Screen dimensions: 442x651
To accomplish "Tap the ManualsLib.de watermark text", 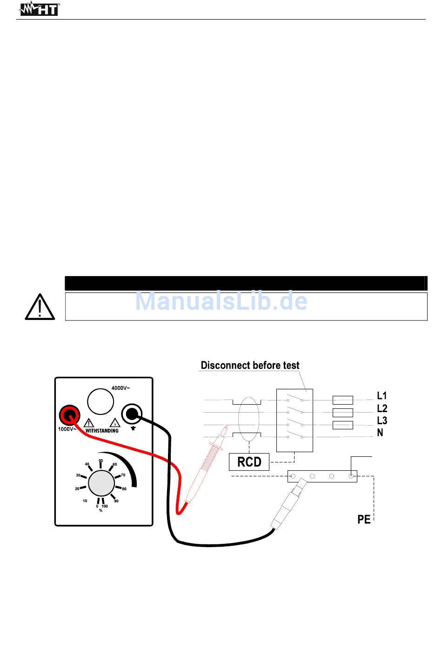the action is [x=221, y=301].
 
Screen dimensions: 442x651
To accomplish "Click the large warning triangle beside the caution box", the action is [x=40, y=307].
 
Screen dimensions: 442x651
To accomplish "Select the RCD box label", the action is [x=249, y=462].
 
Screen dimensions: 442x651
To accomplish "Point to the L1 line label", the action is [x=382, y=396].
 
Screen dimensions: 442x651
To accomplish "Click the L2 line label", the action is [x=382, y=408].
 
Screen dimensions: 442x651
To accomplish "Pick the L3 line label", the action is [x=382, y=420].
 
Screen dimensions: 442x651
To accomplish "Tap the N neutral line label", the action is [x=380, y=433].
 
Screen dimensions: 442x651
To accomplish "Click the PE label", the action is [x=364, y=519].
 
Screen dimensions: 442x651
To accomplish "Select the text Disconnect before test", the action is [x=250, y=366].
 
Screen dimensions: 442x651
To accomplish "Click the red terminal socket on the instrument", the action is [x=70, y=414].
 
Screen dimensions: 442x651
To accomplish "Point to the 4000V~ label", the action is [x=121, y=388].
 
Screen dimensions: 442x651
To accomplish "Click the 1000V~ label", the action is [x=67, y=429].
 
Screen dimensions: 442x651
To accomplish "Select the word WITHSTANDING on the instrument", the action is [x=102, y=431].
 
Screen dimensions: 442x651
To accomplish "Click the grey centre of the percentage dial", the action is [x=101, y=483].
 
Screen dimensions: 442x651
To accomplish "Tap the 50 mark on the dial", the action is [x=100, y=461].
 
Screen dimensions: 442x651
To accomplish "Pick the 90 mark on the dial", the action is [x=116, y=501].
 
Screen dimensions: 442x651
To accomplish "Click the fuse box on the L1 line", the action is [x=343, y=400].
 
